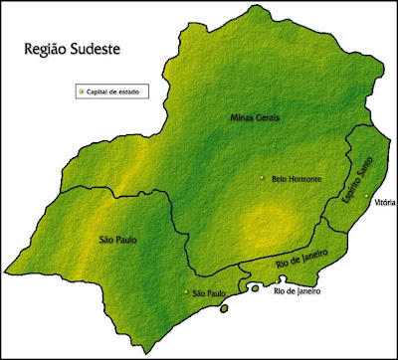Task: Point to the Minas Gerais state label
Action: (256, 117)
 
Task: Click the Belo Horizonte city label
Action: (296, 178)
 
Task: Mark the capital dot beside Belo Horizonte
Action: (263, 178)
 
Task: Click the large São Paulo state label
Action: (117, 240)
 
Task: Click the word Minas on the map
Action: (243, 117)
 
